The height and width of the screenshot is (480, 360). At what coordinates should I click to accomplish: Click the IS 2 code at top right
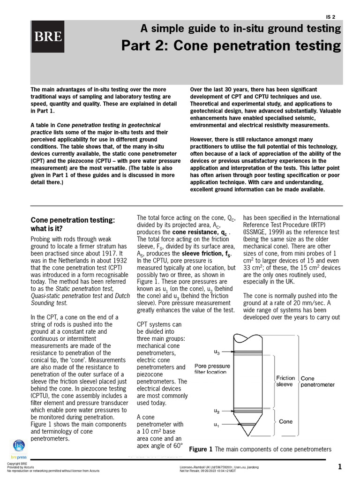[331, 17]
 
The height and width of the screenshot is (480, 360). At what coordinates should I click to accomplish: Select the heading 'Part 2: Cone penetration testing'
[231, 46]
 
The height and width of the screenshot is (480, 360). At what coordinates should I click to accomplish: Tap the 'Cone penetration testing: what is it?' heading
[73, 224]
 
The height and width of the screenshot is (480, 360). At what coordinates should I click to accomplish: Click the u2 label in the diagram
[217, 411]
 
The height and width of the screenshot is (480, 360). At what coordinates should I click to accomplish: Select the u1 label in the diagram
[217, 425]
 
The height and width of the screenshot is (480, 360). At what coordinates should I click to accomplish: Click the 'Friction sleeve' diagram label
[285, 381]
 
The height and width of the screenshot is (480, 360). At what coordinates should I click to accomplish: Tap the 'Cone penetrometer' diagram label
[317, 381]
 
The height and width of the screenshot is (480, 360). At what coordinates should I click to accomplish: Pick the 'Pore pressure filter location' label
[212, 369]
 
